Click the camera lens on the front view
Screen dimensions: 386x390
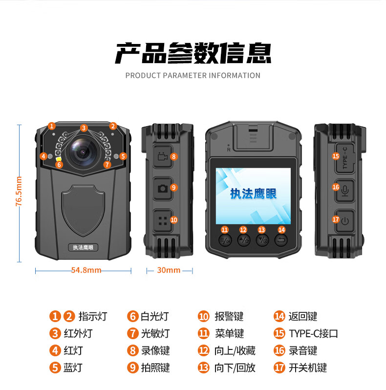[x=83, y=152]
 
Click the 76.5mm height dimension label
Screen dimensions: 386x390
[x=19, y=191]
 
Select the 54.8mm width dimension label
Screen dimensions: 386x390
[x=86, y=270]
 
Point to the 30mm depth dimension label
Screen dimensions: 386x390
[x=169, y=270]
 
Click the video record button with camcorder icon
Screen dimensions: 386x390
[x=163, y=157]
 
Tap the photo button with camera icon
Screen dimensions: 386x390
[x=163, y=188]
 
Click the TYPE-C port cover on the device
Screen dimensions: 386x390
[x=345, y=158]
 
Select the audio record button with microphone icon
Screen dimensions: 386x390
[x=345, y=191]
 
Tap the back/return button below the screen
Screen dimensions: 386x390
[x=281, y=240]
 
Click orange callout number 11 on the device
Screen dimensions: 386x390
[x=225, y=230]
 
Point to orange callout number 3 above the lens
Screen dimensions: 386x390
[x=84, y=128]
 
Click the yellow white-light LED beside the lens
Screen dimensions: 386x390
[x=59, y=159]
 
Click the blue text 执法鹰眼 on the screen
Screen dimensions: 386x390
[x=253, y=194]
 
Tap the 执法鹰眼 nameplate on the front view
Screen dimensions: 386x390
[x=83, y=247]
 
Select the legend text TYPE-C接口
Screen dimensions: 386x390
[x=313, y=333]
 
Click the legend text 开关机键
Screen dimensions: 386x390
[x=308, y=368]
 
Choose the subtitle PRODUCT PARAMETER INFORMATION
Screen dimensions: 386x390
[x=193, y=75]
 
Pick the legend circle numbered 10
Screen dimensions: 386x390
[x=203, y=316]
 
